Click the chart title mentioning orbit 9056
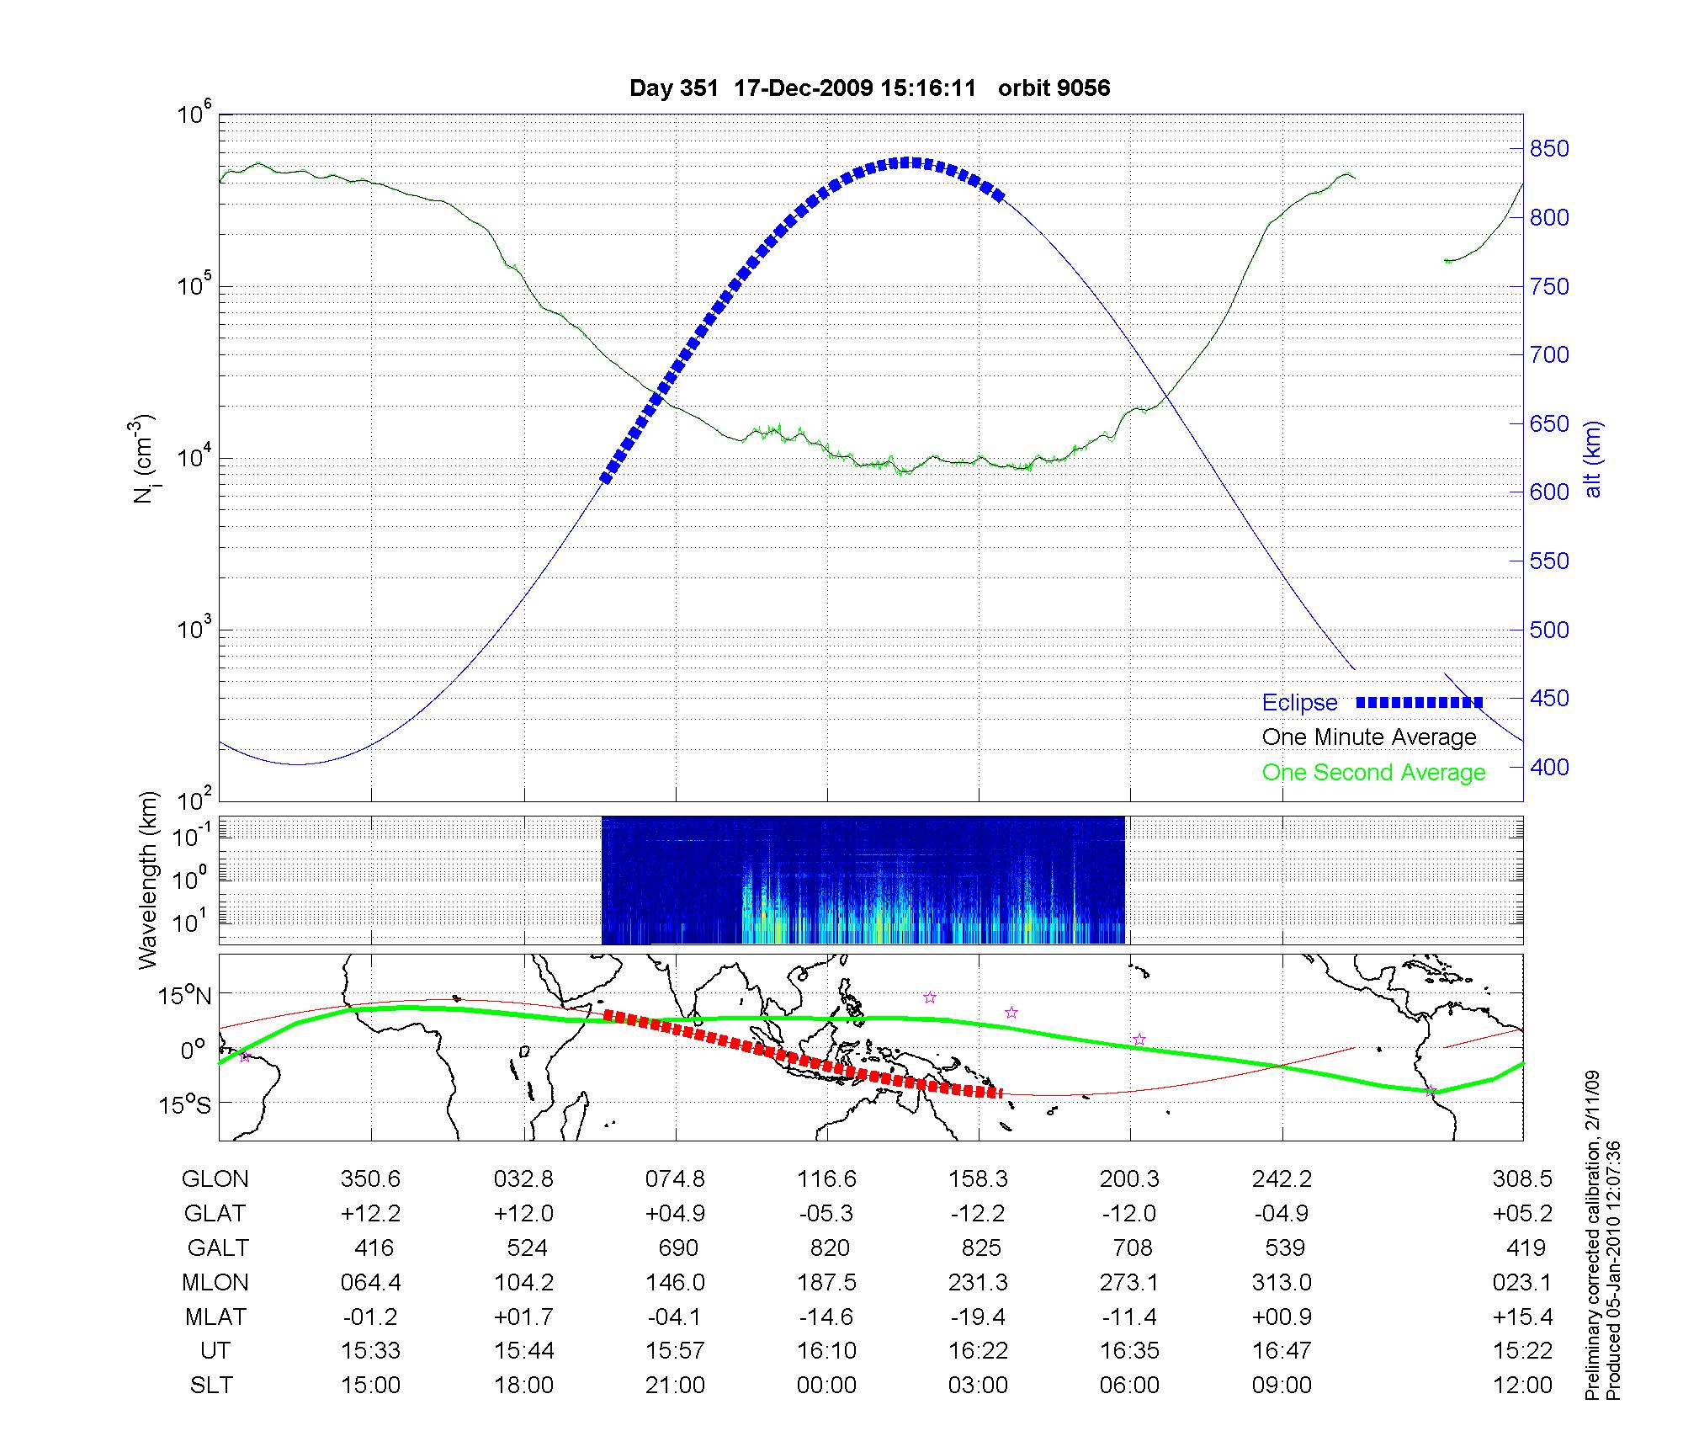point(869,88)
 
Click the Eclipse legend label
point(1299,703)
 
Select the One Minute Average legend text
point(1369,737)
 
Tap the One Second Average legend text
point(1373,773)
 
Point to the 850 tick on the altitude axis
point(1549,149)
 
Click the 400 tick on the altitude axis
point(1549,767)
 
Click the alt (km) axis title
point(1593,459)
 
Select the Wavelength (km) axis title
point(148,880)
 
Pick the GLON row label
point(215,1179)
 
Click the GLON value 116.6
point(826,1179)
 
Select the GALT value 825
point(980,1247)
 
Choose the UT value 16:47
point(1282,1351)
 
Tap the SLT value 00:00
point(826,1386)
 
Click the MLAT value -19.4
point(978,1317)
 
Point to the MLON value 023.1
point(1521,1282)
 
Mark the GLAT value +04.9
point(675,1214)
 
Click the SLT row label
point(211,1386)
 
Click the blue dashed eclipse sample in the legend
point(1419,702)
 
